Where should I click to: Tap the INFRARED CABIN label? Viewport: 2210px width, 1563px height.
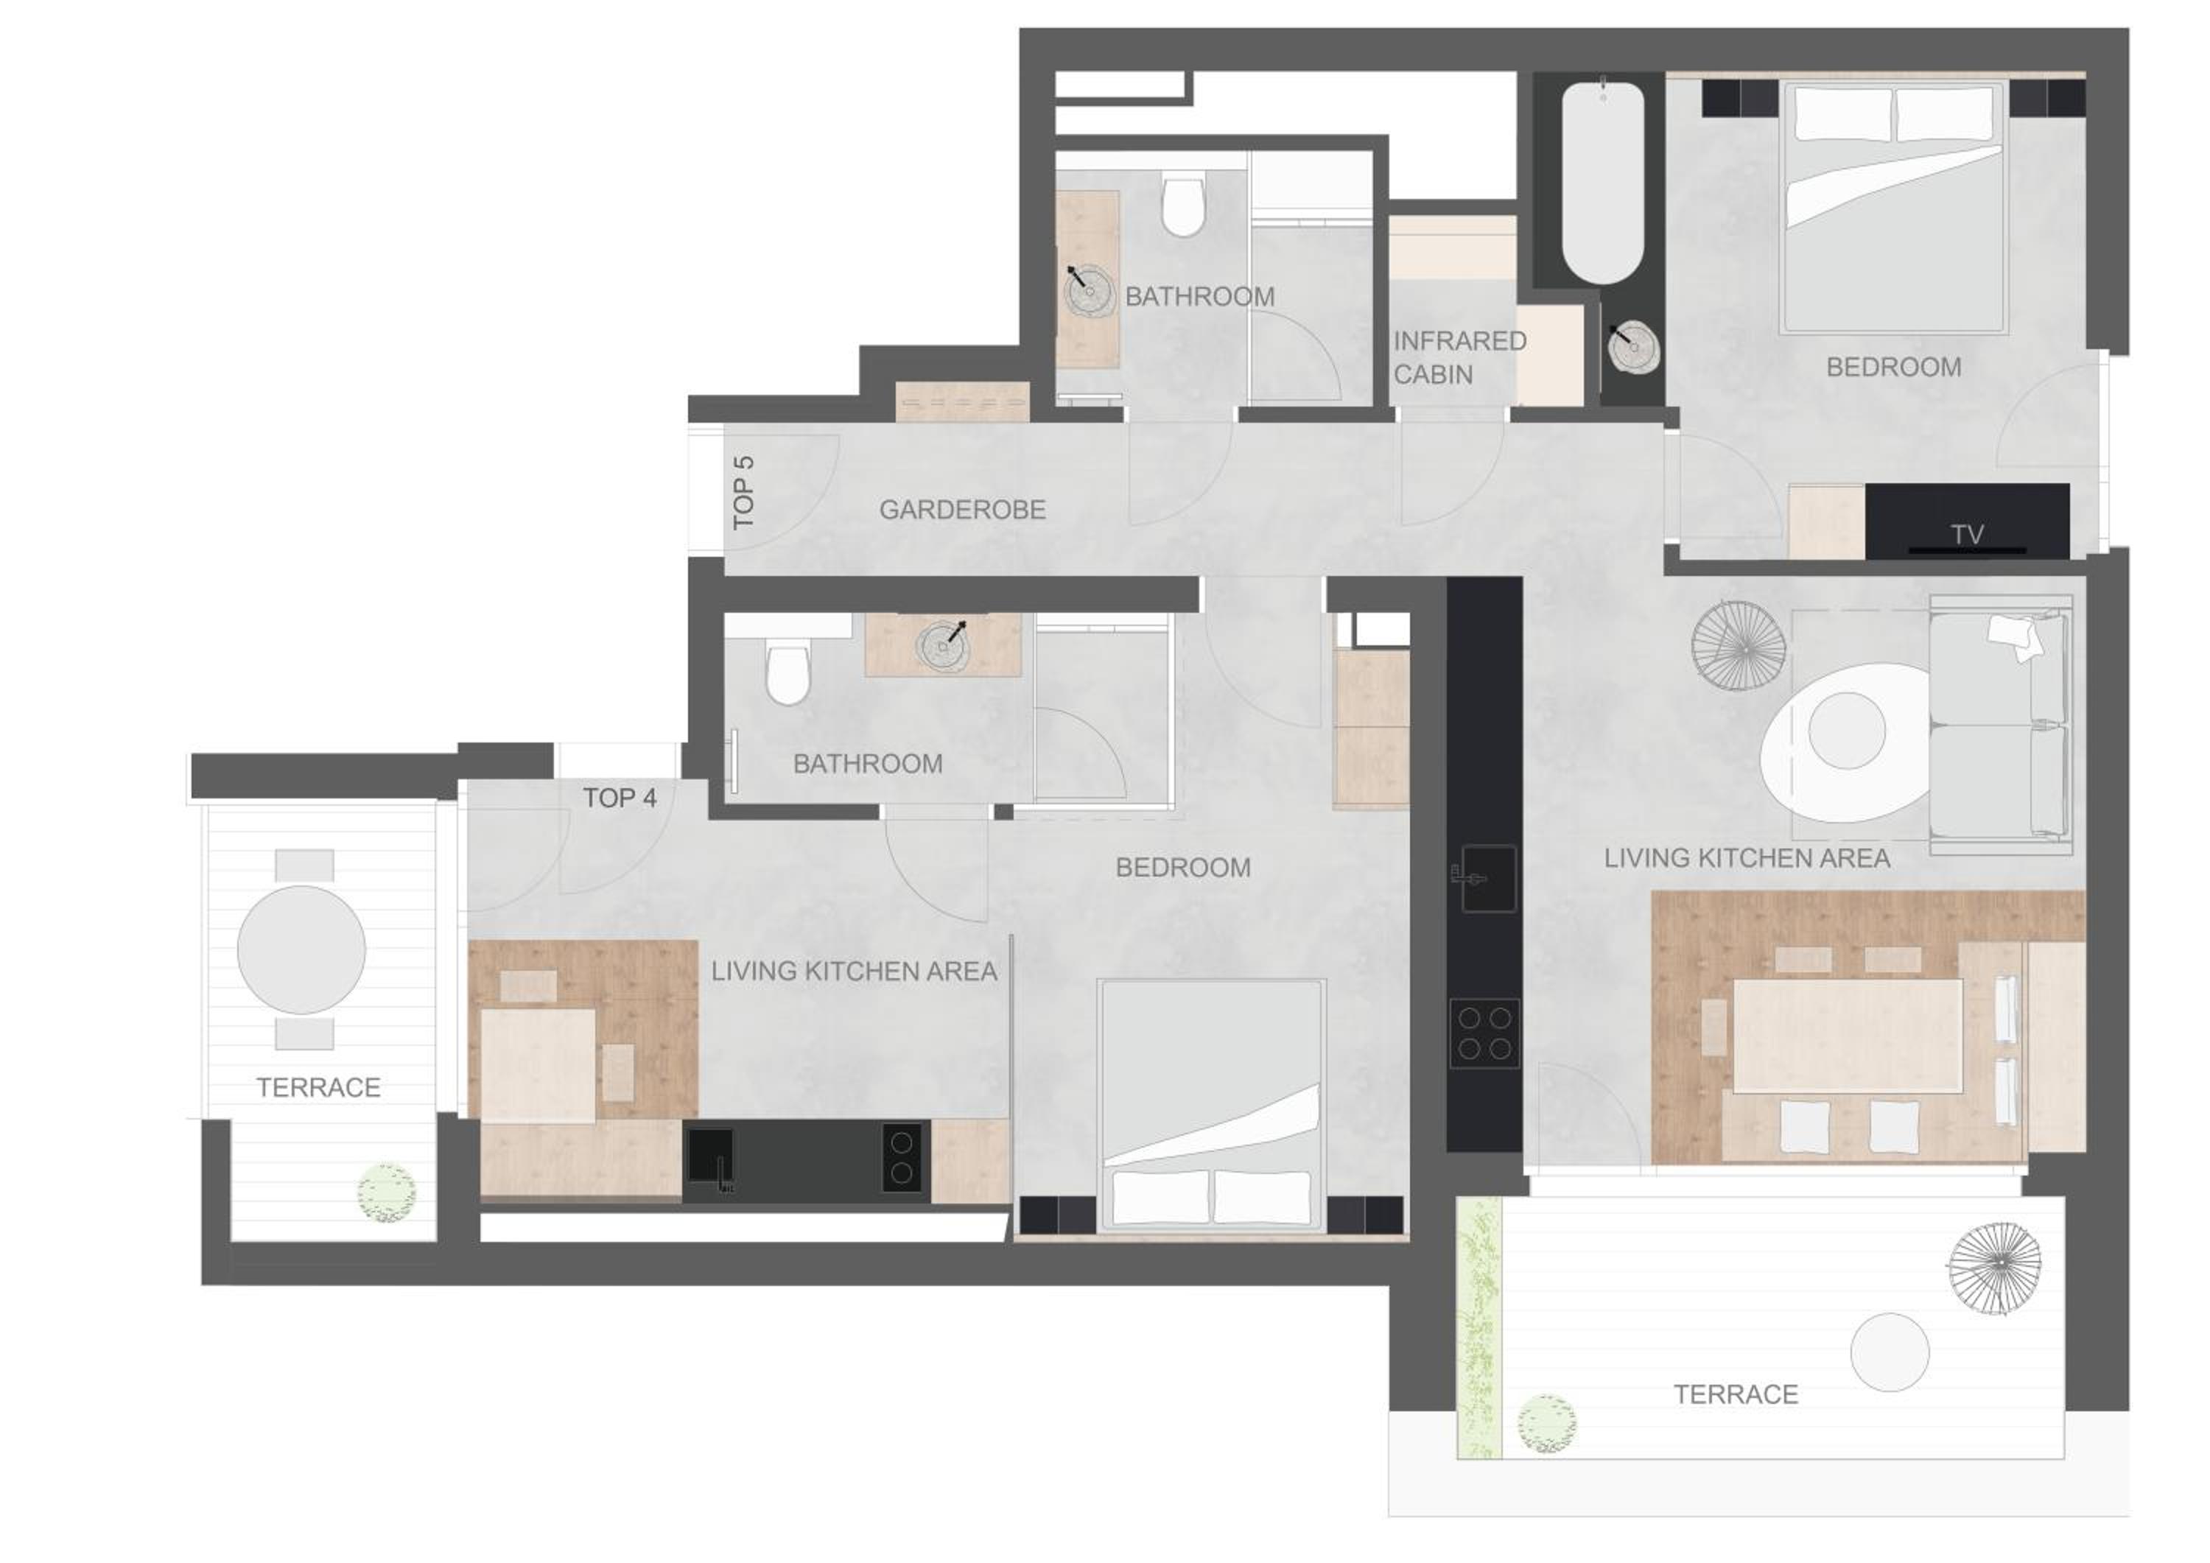[1459, 357]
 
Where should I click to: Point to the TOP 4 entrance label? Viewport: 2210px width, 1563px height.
[619, 798]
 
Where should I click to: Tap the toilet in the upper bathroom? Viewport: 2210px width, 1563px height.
[1182, 204]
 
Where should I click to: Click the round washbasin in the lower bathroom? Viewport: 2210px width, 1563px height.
[942, 644]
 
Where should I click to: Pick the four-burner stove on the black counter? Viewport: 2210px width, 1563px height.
[1484, 1033]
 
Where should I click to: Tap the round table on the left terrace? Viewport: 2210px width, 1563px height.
[301, 949]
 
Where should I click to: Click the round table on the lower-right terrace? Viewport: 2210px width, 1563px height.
[1890, 1352]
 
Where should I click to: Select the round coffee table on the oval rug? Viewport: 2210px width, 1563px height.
[1846, 731]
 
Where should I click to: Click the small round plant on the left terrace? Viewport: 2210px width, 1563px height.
[387, 1193]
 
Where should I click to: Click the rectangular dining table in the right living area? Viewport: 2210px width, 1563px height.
[1847, 1035]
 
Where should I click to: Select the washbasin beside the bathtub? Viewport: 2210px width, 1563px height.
[1633, 348]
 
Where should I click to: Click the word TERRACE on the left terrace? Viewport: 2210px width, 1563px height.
[318, 1088]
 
